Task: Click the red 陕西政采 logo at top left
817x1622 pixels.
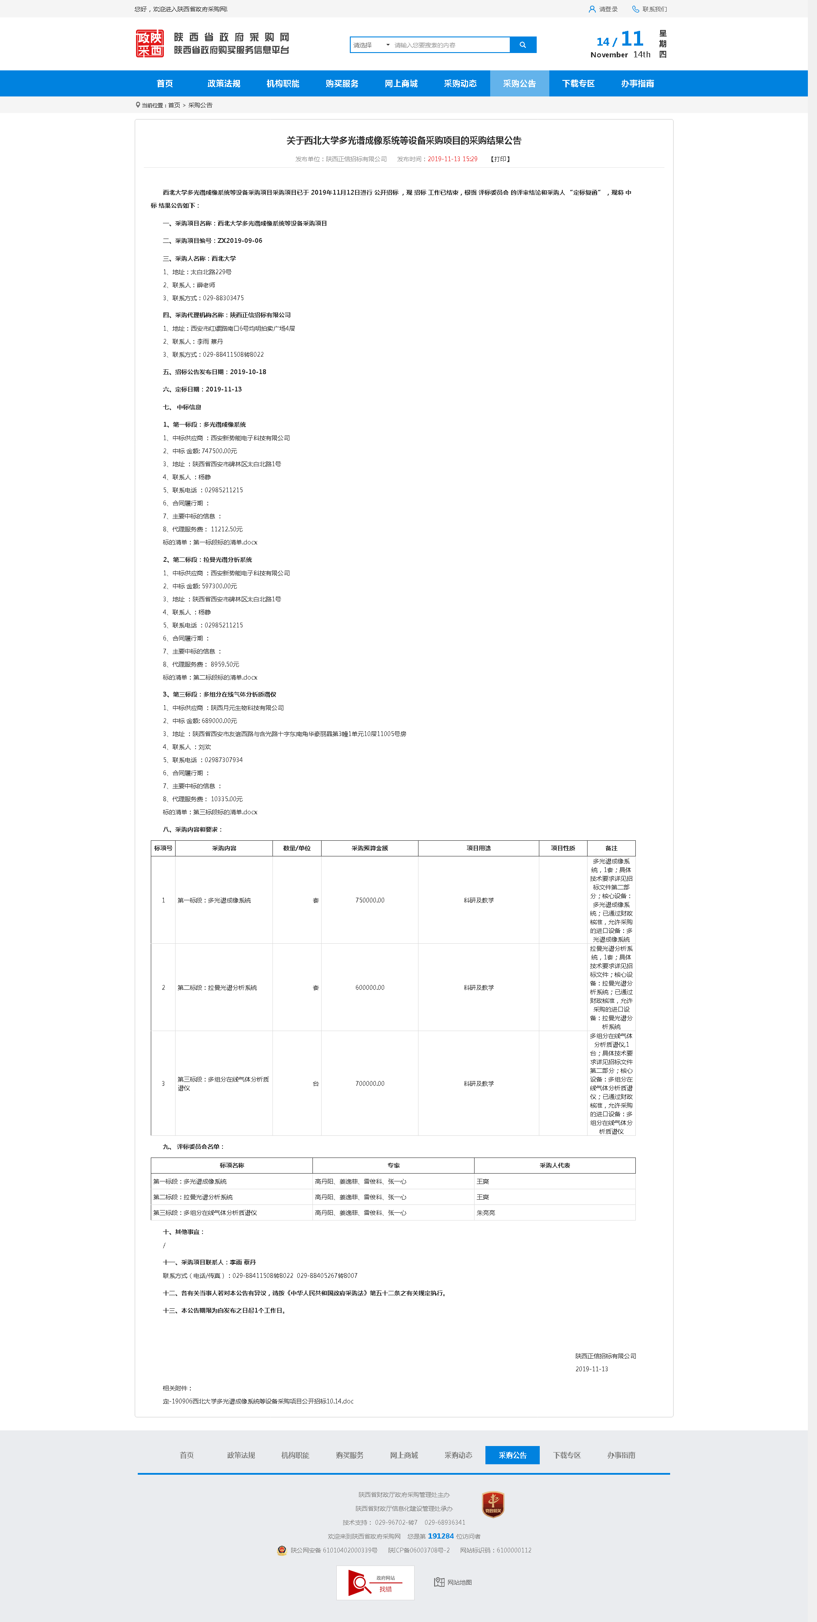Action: pos(150,43)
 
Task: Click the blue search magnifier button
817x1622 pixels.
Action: pos(523,45)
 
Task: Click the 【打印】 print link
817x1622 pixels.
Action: pos(500,159)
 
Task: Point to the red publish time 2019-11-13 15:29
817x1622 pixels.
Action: pos(452,159)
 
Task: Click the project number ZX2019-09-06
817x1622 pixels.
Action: pos(239,241)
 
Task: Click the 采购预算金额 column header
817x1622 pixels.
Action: pos(370,848)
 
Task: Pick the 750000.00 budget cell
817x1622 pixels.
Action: pos(370,900)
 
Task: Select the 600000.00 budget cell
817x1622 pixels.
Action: pos(370,987)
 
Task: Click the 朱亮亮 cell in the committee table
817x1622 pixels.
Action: pos(486,1213)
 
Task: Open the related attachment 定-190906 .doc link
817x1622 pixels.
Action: pos(258,1401)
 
